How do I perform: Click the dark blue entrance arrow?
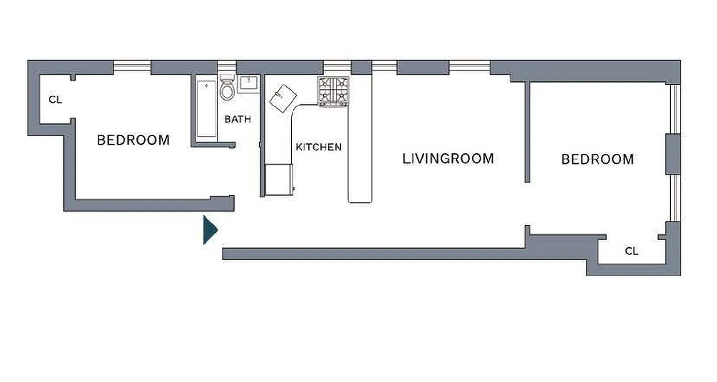click(210, 230)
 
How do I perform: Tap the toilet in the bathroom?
click(227, 88)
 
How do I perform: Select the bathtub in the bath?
click(206, 109)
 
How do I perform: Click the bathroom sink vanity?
click(248, 84)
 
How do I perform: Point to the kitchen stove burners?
click(334, 91)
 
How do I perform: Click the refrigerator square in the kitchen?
click(278, 180)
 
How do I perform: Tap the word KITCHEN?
click(318, 147)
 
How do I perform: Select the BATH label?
click(238, 119)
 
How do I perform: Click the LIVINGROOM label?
click(448, 159)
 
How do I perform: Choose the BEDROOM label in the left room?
click(133, 140)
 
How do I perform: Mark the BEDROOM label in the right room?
click(597, 159)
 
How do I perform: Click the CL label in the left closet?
click(55, 100)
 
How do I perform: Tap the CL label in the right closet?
click(631, 251)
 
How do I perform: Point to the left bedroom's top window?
click(132, 67)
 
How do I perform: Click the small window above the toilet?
click(227, 66)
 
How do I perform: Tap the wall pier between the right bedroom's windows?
click(673, 154)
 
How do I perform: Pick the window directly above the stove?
click(337, 66)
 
